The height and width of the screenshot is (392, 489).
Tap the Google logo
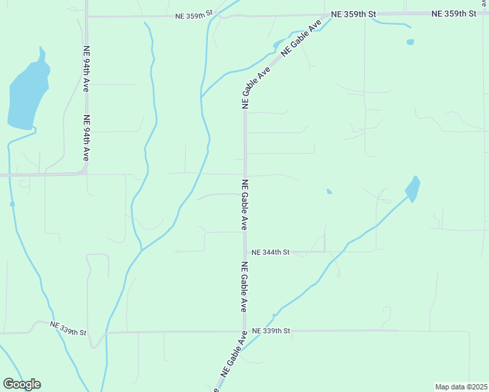[x=22, y=384]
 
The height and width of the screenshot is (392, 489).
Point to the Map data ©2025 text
[x=461, y=387]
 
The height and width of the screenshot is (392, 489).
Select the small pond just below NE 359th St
[x=410, y=42]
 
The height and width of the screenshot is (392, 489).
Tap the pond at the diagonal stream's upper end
[x=413, y=189]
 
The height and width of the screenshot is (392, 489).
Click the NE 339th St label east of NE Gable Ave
[x=271, y=331]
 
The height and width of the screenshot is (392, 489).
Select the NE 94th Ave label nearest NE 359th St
[x=86, y=63]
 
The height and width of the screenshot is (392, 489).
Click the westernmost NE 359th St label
[x=194, y=14]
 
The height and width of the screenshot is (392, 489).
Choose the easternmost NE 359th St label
[x=454, y=14]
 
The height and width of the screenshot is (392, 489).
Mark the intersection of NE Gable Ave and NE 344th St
[x=245, y=252]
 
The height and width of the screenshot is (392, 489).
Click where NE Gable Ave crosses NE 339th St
[x=244, y=331]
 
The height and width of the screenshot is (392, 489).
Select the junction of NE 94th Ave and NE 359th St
[x=87, y=16]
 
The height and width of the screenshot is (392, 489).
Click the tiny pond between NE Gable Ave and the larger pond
[x=329, y=191]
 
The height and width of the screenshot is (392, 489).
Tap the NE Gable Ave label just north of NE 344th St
[x=244, y=204]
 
